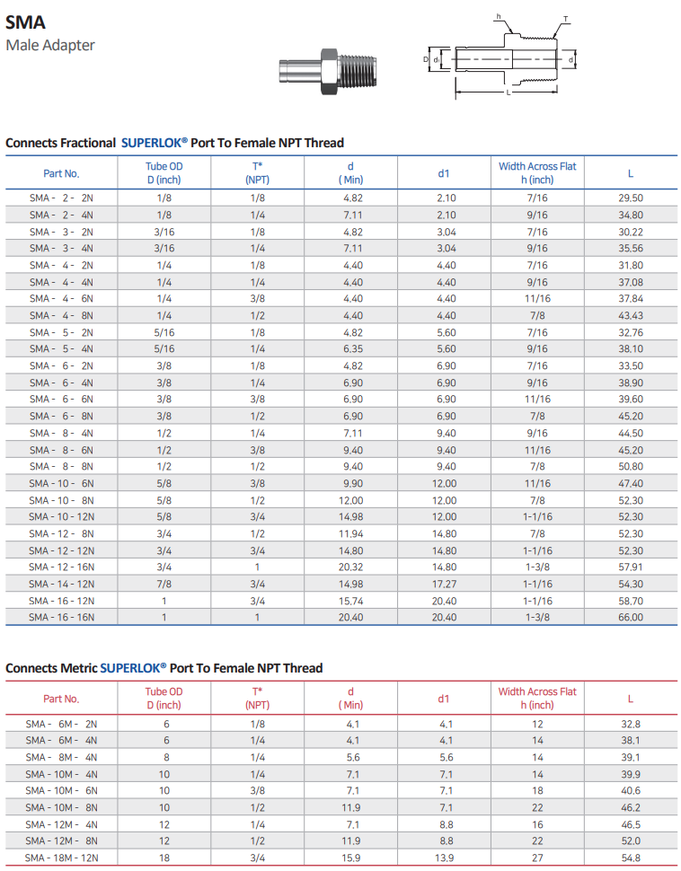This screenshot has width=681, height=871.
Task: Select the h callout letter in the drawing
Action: click(500, 15)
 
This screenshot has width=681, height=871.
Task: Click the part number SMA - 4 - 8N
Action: click(61, 315)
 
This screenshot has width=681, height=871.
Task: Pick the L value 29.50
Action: click(631, 198)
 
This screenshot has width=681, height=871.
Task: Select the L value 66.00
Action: click(631, 617)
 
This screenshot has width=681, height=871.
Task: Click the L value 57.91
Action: click(631, 567)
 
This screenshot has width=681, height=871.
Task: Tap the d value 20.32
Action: click(350, 567)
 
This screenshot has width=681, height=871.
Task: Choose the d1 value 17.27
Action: click(446, 584)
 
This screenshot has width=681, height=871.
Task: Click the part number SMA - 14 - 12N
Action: click(61, 584)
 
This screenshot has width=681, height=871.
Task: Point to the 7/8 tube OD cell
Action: click(164, 584)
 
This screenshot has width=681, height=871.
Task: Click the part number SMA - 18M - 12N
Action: click(61, 858)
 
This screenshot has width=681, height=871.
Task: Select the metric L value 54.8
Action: click(631, 858)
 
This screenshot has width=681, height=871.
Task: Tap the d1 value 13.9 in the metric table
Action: click(446, 858)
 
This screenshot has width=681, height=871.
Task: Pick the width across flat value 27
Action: click(537, 858)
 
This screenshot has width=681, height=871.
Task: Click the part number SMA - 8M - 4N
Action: click(61, 757)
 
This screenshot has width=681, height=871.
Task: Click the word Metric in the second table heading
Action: click(79, 668)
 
